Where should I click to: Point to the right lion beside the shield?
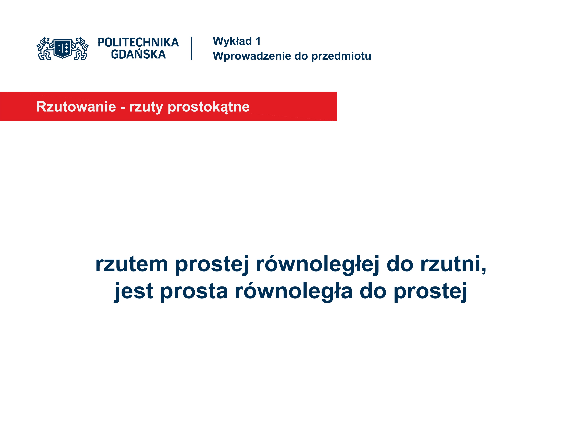point(80,48)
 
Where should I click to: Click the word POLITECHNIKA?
point(138,42)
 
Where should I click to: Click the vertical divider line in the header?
point(191,48)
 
